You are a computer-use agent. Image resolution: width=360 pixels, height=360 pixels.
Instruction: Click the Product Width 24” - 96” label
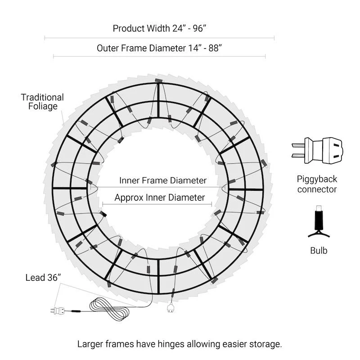[159, 28]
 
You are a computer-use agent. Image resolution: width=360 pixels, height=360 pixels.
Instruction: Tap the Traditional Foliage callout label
[42, 102]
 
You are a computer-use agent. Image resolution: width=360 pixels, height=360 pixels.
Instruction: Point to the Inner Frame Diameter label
[163, 180]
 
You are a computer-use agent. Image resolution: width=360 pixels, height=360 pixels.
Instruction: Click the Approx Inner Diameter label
[160, 198]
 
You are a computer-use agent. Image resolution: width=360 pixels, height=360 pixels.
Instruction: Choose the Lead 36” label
[43, 278]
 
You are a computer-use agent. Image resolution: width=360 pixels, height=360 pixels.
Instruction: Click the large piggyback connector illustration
[318, 151]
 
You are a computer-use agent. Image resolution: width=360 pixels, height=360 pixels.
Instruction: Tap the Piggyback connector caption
[317, 184]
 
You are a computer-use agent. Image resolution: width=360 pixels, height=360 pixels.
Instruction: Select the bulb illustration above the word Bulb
[319, 221]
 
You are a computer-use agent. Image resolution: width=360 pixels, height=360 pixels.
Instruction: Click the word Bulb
[319, 251]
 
